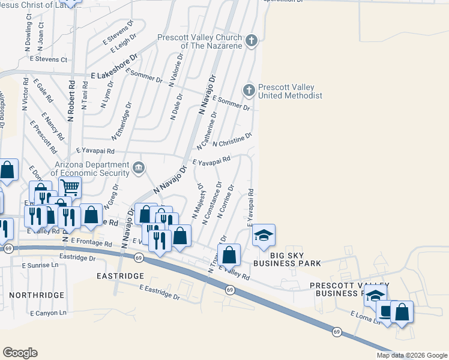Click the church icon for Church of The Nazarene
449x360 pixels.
252,41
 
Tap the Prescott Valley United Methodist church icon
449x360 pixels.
249,91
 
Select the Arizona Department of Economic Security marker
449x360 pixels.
139,167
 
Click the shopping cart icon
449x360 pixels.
70,187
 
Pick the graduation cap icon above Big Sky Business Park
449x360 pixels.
263,235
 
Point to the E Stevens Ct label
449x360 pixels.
47,59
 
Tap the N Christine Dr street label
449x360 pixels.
232,140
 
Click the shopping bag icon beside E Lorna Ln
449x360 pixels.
402,312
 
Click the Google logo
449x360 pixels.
20,353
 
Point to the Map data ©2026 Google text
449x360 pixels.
411,355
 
